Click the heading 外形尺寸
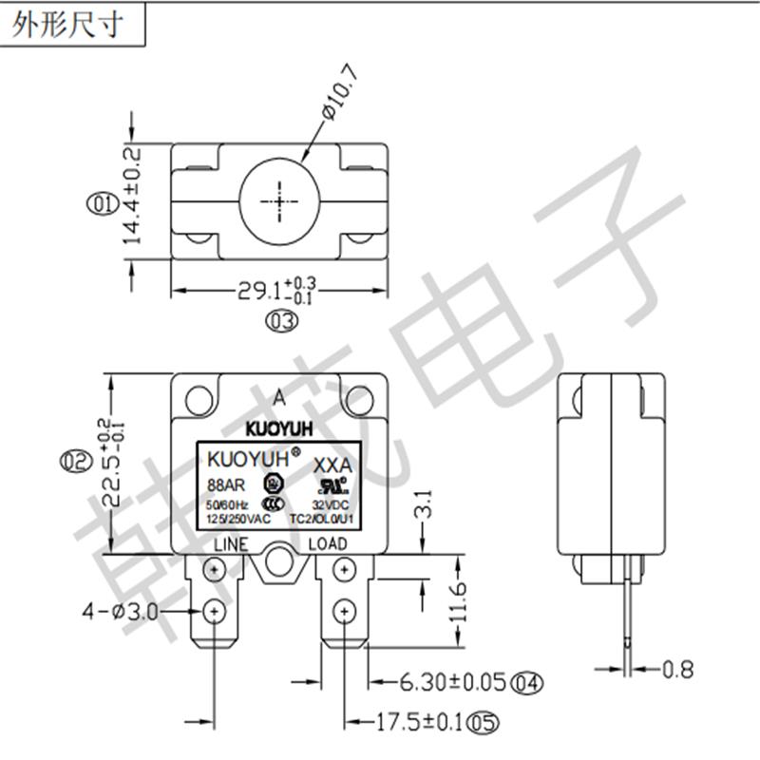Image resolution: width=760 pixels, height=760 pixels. (x=68, y=26)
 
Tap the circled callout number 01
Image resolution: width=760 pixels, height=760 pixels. (x=98, y=202)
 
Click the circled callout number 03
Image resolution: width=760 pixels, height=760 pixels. (x=281, y=322)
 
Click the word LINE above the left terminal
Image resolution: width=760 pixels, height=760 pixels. (x=231, y=544)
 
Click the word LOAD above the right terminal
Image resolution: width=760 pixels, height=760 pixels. (x=329, y=544)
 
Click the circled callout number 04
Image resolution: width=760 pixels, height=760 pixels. (x=525, y=681)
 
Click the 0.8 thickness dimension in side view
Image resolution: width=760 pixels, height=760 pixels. (x=679, y=670)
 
